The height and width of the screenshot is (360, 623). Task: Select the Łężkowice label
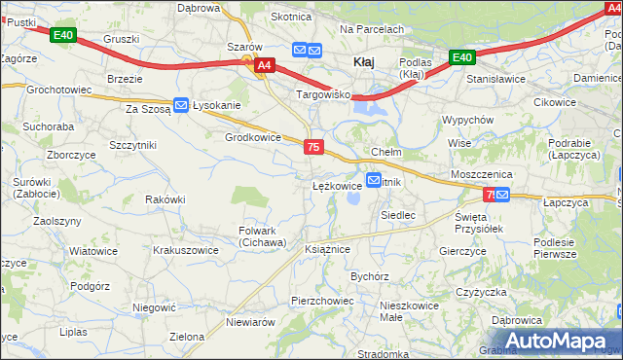point(337,184)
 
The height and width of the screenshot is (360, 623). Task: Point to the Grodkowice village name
point(253,137)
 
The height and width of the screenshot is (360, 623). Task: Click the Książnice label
point(327,249)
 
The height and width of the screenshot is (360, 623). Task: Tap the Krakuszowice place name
point(186,249)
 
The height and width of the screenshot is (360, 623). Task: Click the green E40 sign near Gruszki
point(62,36)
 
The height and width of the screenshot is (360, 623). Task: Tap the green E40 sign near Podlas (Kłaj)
point(462,57)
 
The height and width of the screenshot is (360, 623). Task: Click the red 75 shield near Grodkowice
point(312,147)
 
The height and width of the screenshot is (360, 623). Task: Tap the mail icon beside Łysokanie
point(181,105)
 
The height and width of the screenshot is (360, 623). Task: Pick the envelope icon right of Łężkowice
point(373,181)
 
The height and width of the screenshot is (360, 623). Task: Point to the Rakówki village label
point(165,199)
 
